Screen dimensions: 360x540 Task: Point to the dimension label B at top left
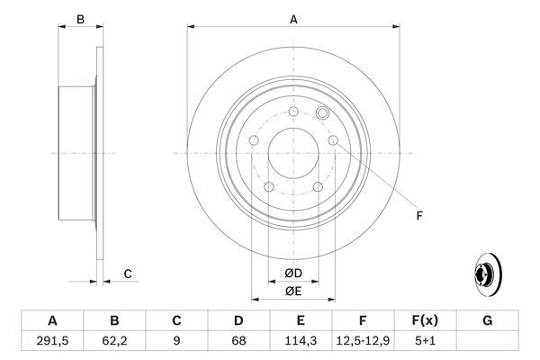pyautogui.click(x=79, y=19)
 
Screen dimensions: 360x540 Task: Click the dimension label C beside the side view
pyautogui.click(x=128, y=274)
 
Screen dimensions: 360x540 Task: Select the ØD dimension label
pyautogui.click(x=293, y=273)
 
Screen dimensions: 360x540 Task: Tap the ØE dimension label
pyautogui.click(x=293, y=290)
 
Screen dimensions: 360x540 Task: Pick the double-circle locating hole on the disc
pyautogui.click(x=324, y=113)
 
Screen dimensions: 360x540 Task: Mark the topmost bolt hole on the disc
pyautogui.click(x=293, y=112)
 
